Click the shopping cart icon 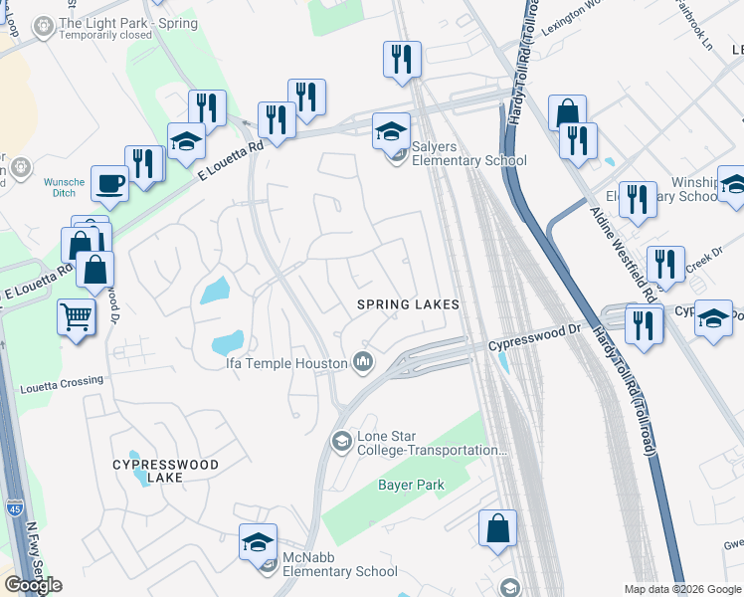coord(76,318)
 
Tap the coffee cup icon coord(109,183)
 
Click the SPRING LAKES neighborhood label coord(409,304)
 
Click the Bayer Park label coord(410,485)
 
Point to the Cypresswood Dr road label coord(532,344)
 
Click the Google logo coord(33,585)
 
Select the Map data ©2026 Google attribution coord(682,589)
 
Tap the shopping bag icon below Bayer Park coord(497,528)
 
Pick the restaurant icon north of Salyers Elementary coord(402,59)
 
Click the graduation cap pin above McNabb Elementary coord(258,542)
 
